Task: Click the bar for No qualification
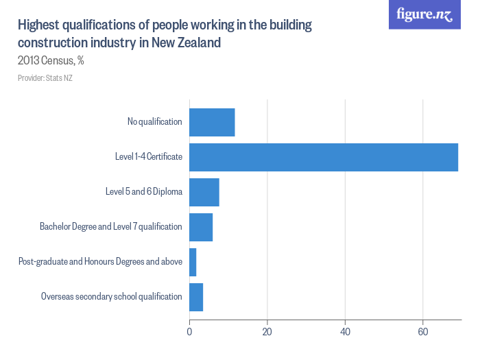point(212,122)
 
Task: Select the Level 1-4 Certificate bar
point(323,157)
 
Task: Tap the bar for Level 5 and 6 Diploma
point(204,192)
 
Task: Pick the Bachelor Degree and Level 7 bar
point(201,227)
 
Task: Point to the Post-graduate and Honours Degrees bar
point(193,262)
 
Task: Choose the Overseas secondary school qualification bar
point(196,297)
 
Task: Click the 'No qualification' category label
point(154,122)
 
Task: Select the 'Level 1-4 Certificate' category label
point(148,157)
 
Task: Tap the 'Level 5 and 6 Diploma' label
point(143,192)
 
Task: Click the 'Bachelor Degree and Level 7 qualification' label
point(110,227)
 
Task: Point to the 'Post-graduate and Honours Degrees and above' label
point(100,262)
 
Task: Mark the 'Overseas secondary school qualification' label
point(111,297)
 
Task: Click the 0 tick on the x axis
point(189,333)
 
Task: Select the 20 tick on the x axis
point(267,333)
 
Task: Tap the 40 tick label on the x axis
point(345,333)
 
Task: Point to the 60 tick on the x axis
point(423,333)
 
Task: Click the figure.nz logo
point(424,15)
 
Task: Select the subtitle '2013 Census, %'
point(51,60)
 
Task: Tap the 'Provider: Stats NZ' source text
point(45,78)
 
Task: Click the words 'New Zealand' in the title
point(188,43)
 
